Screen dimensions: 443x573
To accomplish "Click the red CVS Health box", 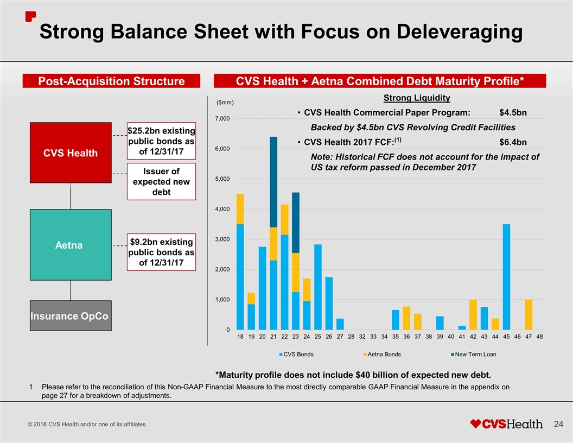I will click(71, 153).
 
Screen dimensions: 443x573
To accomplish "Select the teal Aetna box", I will click(70, 245).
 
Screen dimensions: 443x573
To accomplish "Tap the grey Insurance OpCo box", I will click(71, 315).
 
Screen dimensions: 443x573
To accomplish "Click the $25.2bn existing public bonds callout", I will click(161, 140).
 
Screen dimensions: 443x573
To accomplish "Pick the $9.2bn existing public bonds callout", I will click(161, 252).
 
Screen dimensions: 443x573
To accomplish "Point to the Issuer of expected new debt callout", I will click(161, 181).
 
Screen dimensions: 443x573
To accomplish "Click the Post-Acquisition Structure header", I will click(111, 81).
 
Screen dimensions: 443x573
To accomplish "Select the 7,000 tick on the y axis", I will click(224, 119).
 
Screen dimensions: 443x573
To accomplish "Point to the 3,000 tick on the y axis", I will click(224, 239).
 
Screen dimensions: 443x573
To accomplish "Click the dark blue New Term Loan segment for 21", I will click(273, 182).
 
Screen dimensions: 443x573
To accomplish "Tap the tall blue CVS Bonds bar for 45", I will click(506, 276).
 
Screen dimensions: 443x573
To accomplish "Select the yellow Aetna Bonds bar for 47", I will click(529, 314).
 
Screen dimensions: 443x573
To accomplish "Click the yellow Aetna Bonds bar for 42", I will click(473, 314).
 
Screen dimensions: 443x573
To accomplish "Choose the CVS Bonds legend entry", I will click(296, 355).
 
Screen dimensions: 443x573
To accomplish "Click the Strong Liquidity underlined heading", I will click(417, 98).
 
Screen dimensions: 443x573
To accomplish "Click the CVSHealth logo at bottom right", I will click(506, 423).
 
